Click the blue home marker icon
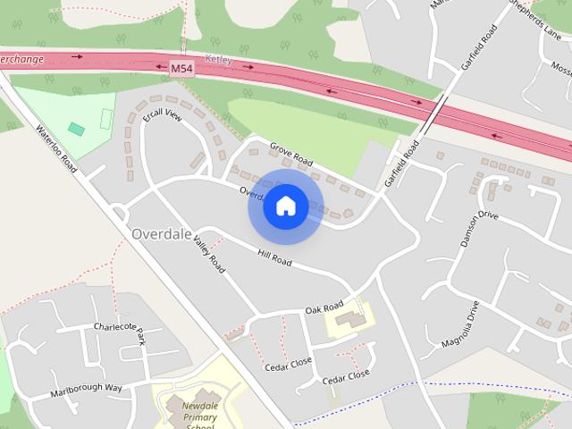click(x=285, y=206)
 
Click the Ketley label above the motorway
click(x=219, y=59)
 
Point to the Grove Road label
click(x=291, y=156)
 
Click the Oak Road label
click(x=324, y=307)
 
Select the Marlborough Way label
click(x=86, y=388)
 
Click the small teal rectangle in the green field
click(x=76, y=130)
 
